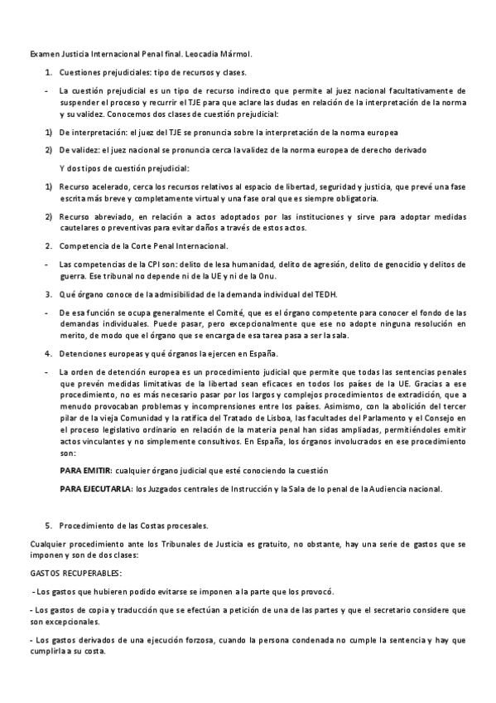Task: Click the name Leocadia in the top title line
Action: (177, 54)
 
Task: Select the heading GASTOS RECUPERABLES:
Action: (75, 573)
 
